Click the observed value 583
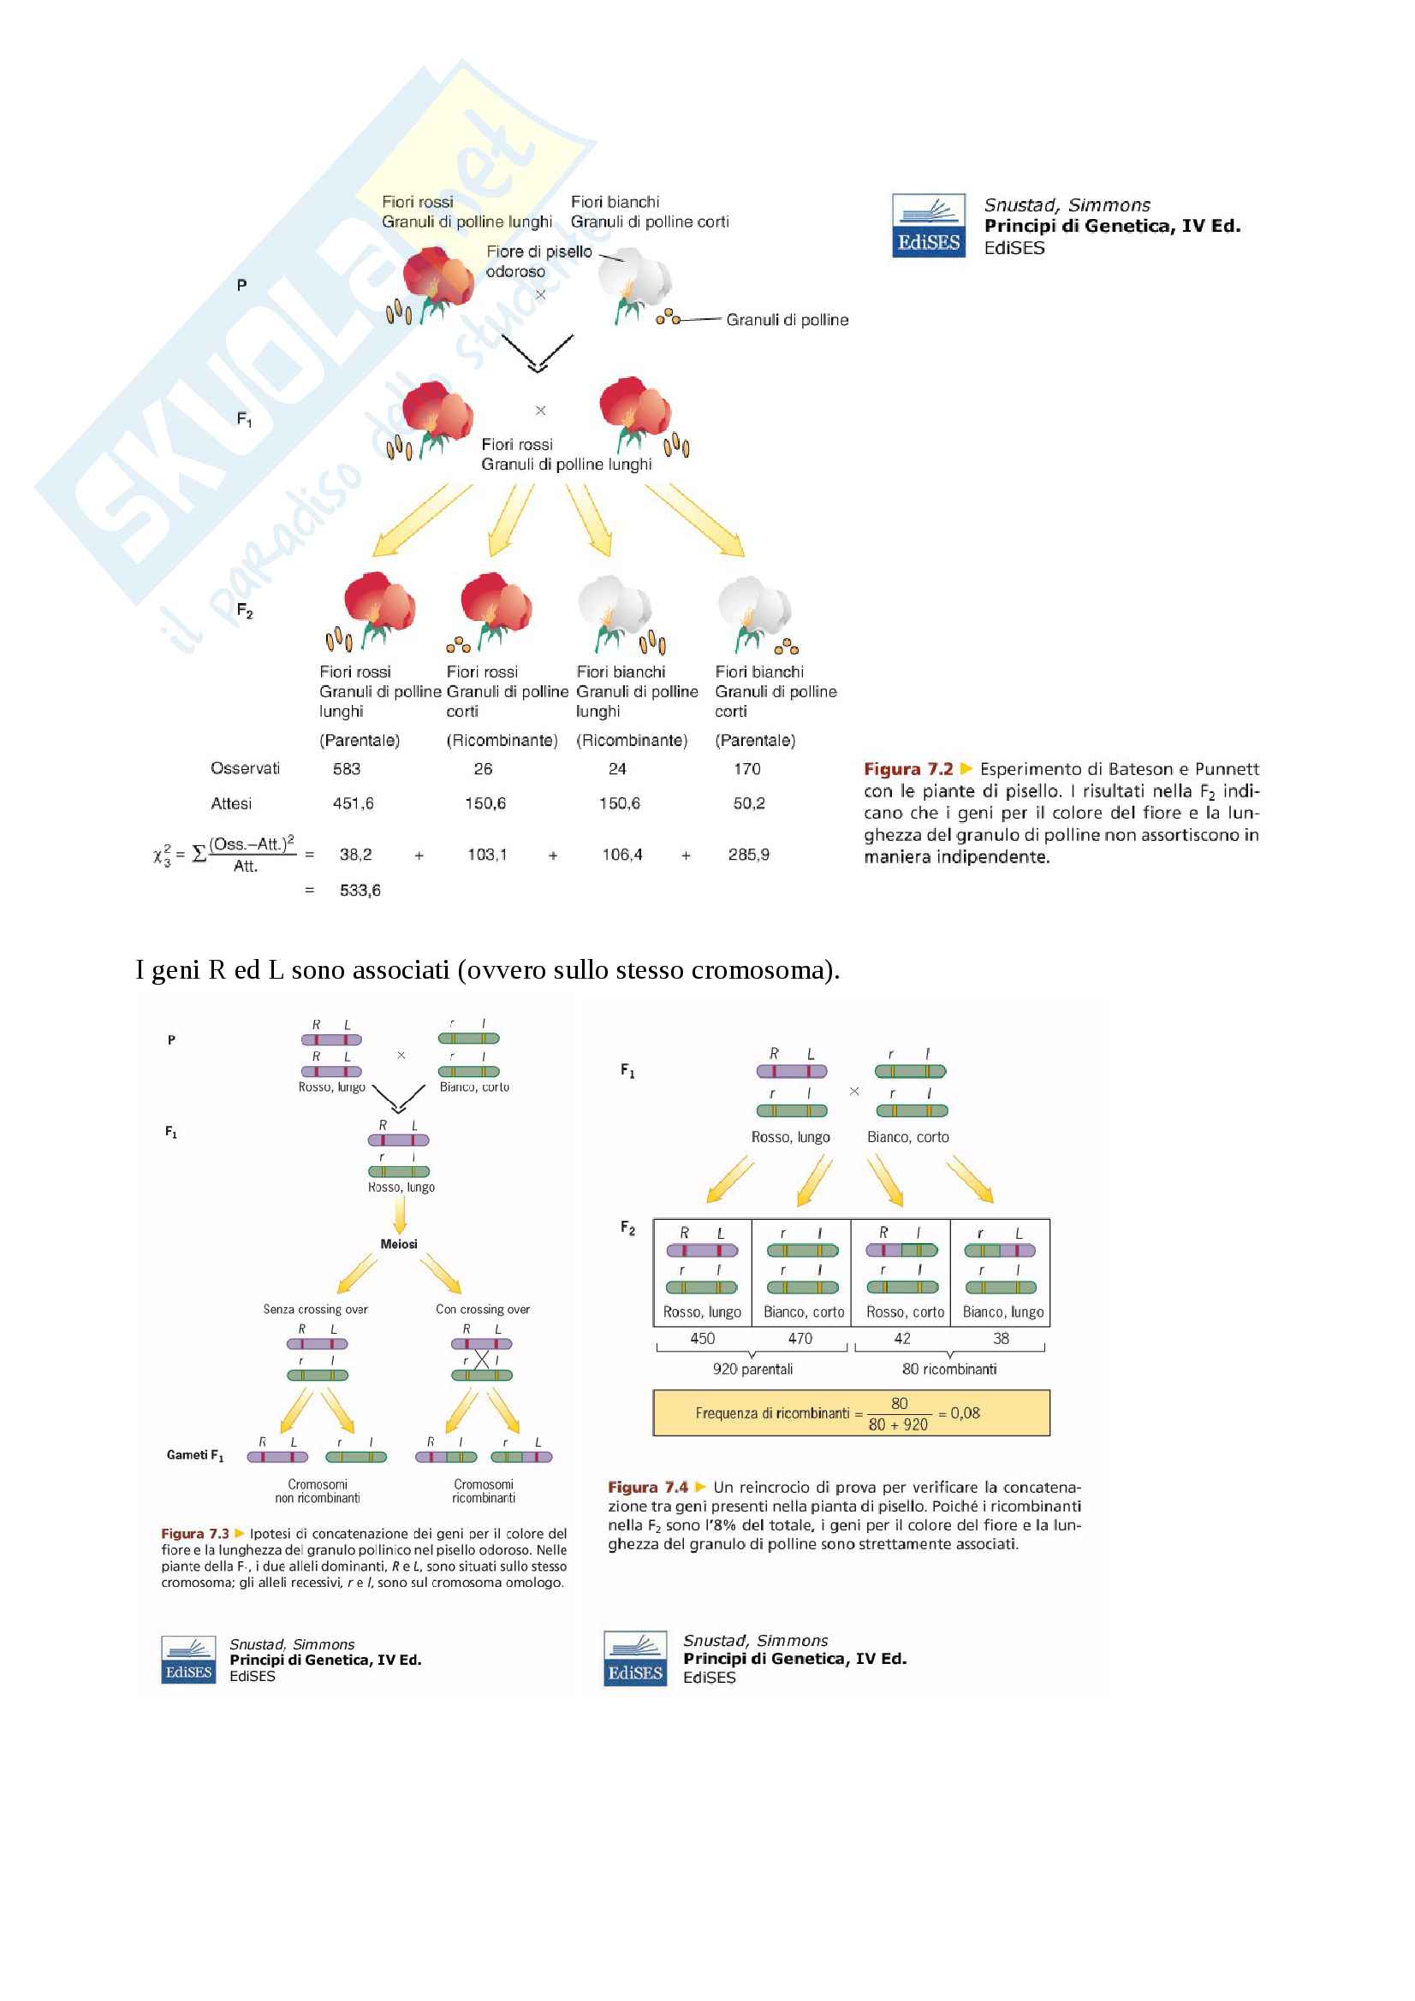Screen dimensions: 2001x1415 click(346, 769)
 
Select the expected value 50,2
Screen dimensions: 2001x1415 click(748, 802)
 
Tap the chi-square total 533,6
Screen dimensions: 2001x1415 click(360, 890)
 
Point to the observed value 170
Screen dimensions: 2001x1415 click(747, 769)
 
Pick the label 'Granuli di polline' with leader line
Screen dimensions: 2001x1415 click(787, 320)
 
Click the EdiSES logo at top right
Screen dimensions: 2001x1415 click(928, 226)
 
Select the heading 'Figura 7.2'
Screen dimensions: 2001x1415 click(907, 769)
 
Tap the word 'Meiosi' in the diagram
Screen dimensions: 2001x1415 click(398, 1244)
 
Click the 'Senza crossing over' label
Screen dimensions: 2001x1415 click(316, 1309)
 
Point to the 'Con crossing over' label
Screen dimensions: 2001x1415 click(482, 1309)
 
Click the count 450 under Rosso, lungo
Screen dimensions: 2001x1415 click(702, 1338)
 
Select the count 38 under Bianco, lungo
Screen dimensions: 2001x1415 click(1001, 1338)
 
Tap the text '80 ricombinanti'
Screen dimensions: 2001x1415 click(948, 1368)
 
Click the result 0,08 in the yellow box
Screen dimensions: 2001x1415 click(964, 1412)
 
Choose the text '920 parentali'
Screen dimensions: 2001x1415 click(752, 1368)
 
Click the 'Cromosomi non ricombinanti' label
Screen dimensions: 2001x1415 click(318, 1491)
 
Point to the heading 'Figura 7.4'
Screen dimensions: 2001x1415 click(647, 1487)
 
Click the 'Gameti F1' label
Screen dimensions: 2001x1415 click(195, 1454)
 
